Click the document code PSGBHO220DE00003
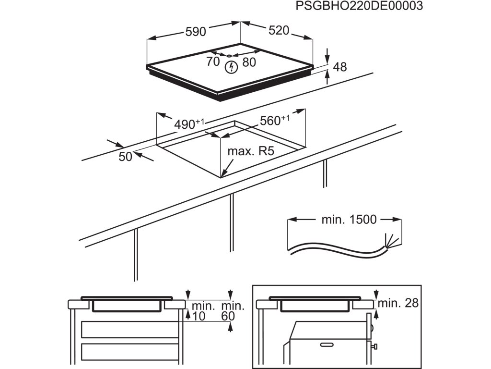[359, 6]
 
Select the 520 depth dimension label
[279, 31]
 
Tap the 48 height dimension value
[339, 67]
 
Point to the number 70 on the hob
[213, 61]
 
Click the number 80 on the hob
[249, 62]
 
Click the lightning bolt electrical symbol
[231, 67]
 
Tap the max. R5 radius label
[250, 152]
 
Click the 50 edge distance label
[125, 157]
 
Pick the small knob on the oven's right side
[377, 345]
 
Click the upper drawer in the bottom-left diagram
[129, 329]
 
